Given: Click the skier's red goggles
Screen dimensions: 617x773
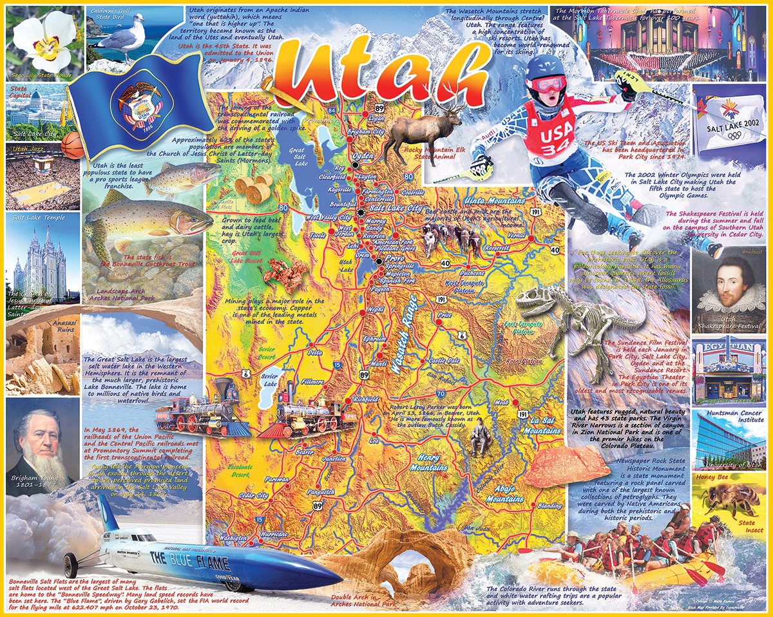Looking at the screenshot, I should tap(548, 84).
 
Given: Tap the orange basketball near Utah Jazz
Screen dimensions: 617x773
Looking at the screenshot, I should tap(73, 146).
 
